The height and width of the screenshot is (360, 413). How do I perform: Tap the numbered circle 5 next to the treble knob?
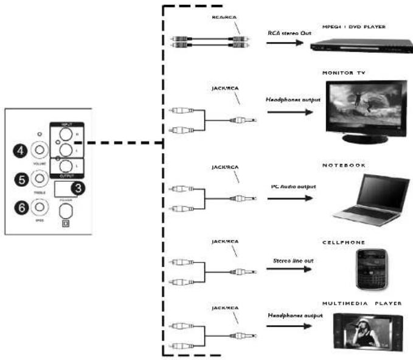(x=19, y=179)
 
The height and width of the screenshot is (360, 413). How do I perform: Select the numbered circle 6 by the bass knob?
(x=19, y=208)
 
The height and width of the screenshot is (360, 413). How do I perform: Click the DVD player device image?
(x=353, y=44)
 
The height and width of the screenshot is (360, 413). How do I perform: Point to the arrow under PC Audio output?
(x=286, y=198)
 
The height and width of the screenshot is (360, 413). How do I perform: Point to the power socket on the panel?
(x=65, y=210)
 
